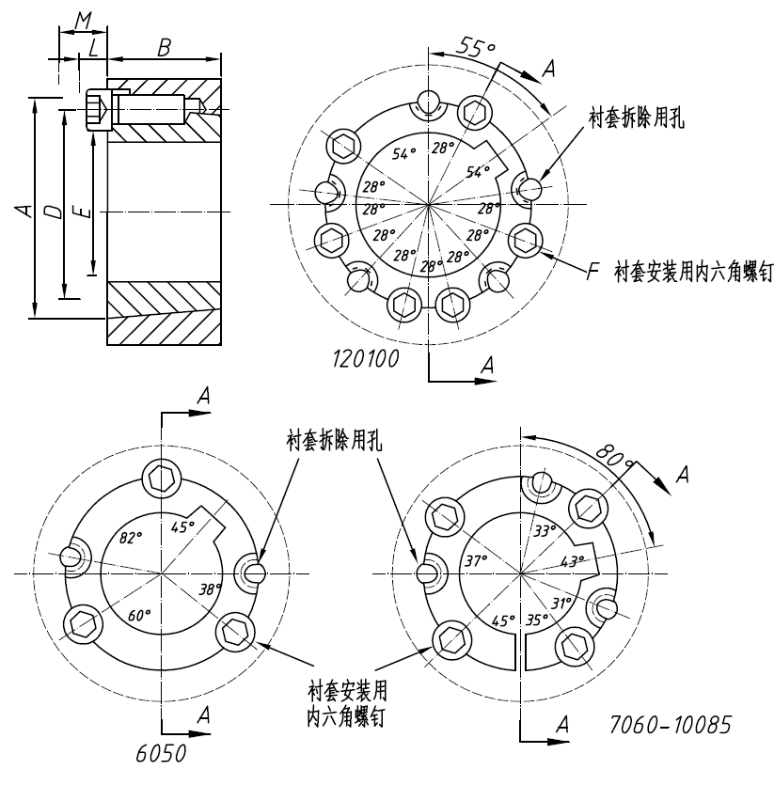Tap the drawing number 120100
366,357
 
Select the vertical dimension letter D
54,212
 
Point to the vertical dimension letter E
84,212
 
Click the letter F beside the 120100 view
592,274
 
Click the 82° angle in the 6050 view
130,537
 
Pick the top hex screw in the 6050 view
163,477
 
